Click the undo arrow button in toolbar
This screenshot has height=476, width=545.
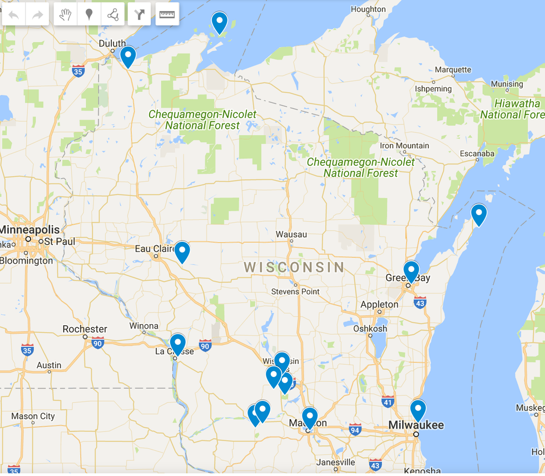coord(14,15)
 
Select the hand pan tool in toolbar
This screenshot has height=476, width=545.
coord(66,15)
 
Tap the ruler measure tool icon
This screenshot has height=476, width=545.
coord(166,15)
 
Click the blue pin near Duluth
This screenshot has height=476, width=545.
coord(128,56)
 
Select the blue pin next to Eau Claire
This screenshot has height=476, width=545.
coord(182,251)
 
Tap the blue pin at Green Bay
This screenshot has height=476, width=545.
coord(411,271)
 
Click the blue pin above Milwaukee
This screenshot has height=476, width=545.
coord(418,410)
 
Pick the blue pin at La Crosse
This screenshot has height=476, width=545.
coord(177,344)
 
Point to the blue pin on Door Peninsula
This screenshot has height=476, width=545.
coord(478,214)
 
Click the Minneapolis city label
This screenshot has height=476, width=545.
coord(29,230)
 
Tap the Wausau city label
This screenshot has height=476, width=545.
coord(291,235)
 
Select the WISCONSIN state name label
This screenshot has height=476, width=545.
coord(294,267)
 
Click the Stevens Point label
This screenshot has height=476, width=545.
coord(295,291)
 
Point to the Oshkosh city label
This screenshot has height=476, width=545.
coord(370,329)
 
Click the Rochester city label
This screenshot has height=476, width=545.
coord(85,329)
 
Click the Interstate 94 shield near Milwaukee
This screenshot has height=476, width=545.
coord(355,429)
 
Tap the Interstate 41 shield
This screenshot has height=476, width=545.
coord(388,401)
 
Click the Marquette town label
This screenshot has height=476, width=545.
coord(453,70)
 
